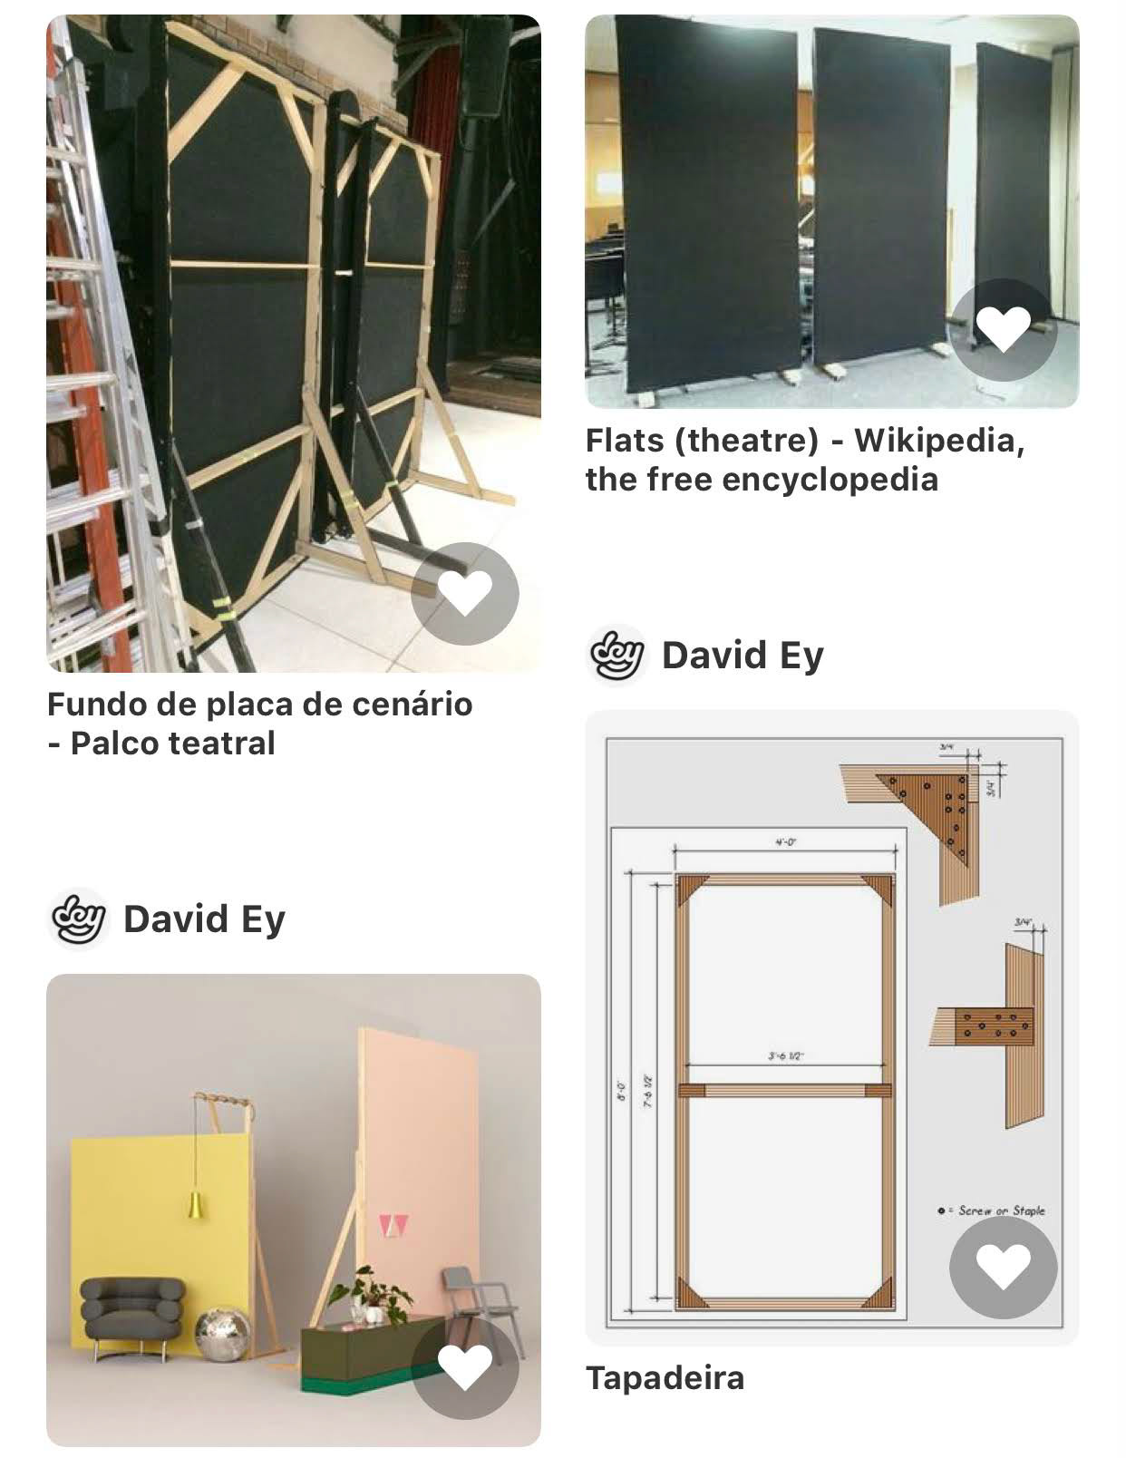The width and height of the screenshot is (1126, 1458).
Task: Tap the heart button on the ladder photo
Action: (x=464, y=593)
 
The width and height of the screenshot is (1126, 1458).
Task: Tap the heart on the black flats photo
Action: (x=1003, y=328)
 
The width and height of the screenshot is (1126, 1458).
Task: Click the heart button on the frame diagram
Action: (x=1003, y=1267)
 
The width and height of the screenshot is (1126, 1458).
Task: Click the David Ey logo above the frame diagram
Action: (x=616, y=655)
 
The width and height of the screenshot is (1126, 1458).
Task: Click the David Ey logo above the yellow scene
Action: (x=78, y=919)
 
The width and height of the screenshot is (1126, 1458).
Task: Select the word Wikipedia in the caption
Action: (x=938, y=441)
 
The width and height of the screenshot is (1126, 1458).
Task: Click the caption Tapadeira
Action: (x=665, y=1378)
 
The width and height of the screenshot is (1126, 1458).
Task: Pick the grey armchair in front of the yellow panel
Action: (x=131, y=1312)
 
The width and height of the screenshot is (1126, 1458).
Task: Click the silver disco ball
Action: (x=223, y=1334)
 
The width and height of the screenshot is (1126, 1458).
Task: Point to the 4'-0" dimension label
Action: (x=785, y=842)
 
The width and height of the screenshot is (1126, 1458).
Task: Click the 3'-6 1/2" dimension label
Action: (x=785, y=1056)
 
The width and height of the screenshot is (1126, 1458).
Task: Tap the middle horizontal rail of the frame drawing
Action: (x=785, y=1090)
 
